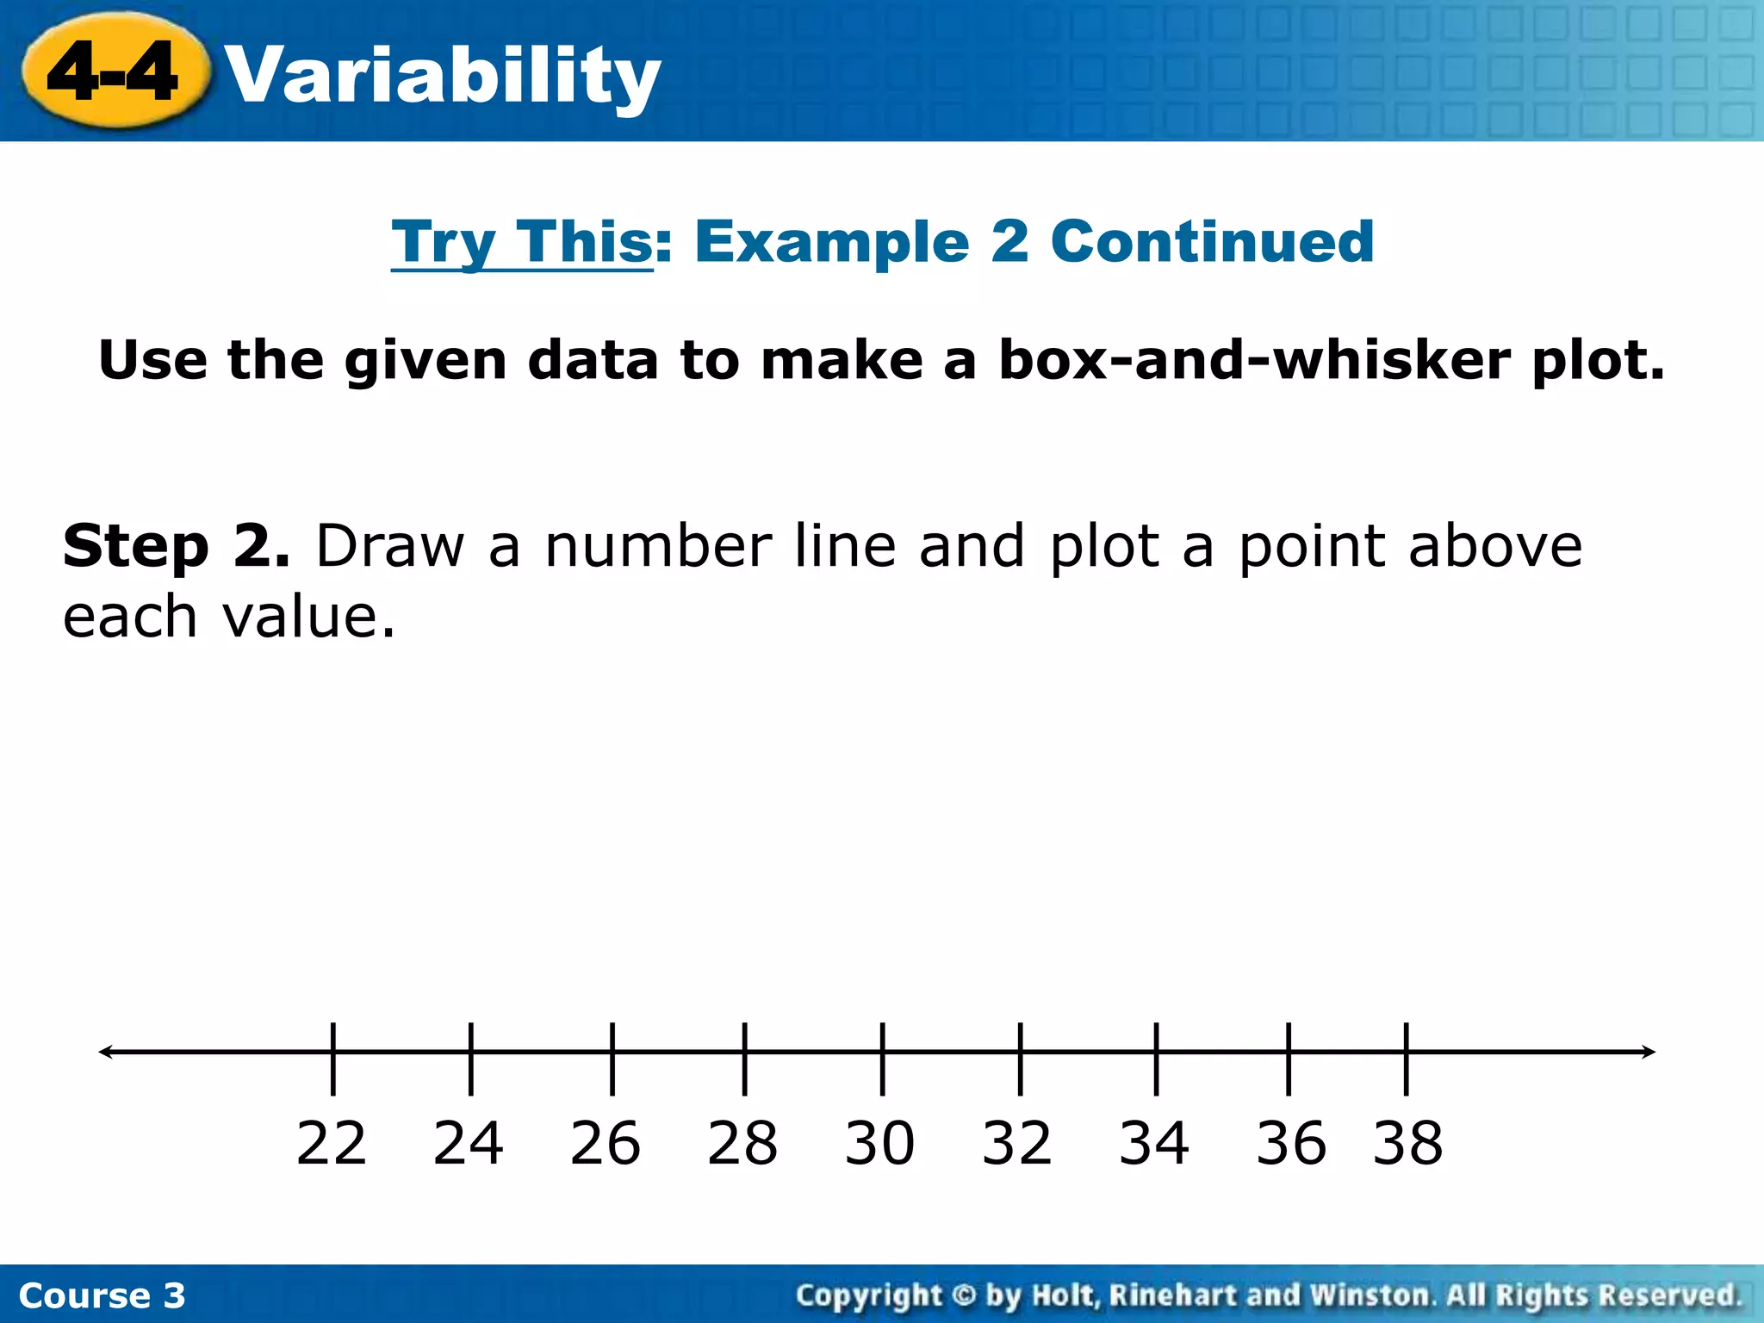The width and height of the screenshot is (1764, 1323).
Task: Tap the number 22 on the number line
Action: [332, 1144]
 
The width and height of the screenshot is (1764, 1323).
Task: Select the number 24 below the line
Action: [469, 1144]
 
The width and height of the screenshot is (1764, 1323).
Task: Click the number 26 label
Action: [606, 1144]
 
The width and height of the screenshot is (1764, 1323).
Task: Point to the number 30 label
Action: [879, 1144]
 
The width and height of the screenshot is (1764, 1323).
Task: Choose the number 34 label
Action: [1154, 1144]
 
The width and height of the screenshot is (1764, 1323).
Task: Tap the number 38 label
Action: [1408, 1144]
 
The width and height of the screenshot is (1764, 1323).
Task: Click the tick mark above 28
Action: [745, 1059]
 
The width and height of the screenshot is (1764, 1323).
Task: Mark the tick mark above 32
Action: [1020, 1059]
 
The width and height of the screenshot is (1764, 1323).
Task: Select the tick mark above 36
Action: [1289, 1059]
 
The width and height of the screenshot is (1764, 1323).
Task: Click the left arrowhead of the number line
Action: [106, 1052]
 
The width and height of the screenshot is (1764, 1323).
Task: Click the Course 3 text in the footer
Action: [102, 1295]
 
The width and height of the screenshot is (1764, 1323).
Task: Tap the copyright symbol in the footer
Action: [965, 1295]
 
